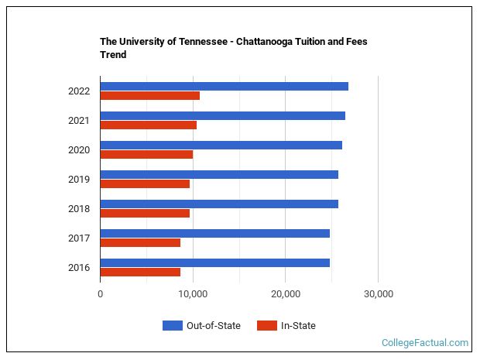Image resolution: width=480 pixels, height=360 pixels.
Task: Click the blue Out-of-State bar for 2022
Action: click(224, 86)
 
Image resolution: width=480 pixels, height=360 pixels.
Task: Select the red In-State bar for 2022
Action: click(149, 95)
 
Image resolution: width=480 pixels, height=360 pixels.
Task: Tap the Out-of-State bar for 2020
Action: click(221, 145)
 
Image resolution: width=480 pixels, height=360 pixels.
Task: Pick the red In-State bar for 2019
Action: click(145, 183)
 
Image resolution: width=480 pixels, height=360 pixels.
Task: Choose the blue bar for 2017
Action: click(214, 233)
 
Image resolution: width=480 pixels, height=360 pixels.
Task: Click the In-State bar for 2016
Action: click(140, 272)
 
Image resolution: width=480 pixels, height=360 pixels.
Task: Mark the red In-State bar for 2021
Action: click(148, 125)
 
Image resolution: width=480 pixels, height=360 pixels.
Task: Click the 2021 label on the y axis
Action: click(79, 121)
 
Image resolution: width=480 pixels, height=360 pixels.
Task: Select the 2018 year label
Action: click(79, 209)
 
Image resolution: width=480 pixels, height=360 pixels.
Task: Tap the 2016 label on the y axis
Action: click(79, 268)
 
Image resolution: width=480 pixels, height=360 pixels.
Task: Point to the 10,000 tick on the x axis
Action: click(193, 294)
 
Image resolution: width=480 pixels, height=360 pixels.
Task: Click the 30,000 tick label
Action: click(378, 294)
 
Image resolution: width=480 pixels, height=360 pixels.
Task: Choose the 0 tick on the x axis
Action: click(101, 294)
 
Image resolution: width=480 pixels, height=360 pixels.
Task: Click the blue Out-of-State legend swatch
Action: click(172, 326)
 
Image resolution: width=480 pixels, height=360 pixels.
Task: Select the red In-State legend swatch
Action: click(266, 326)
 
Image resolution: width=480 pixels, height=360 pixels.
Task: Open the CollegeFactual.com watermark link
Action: click(425, 342)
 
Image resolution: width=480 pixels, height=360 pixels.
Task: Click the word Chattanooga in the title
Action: click(266, 42)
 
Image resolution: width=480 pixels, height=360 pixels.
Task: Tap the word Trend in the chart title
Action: click(113, 55)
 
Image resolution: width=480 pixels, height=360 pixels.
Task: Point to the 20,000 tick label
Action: click(286, 294)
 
